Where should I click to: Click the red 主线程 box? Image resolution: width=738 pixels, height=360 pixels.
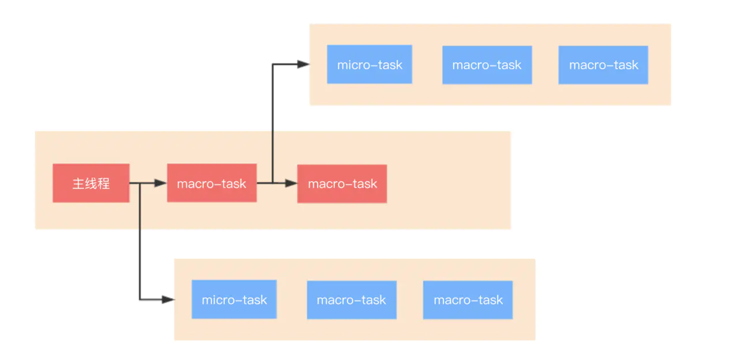91,183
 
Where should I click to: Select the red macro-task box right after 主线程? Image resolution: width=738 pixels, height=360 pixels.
212,183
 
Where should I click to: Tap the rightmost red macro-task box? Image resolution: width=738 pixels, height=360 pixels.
342,183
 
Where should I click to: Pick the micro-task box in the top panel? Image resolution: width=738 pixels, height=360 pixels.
370,65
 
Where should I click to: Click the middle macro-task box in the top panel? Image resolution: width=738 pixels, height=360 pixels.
487,65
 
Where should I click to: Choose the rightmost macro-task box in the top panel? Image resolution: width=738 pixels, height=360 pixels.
603,65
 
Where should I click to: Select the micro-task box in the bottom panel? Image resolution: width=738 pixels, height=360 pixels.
234,299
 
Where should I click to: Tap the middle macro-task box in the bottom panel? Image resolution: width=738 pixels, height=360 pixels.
352,299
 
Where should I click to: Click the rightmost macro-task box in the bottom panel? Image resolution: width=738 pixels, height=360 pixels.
468,299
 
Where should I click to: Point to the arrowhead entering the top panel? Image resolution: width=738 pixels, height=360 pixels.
303,65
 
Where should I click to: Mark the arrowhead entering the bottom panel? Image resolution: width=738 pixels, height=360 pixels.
168,299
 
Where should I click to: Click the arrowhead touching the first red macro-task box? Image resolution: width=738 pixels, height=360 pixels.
161,183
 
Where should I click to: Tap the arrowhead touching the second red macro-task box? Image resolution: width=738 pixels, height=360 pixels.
291,183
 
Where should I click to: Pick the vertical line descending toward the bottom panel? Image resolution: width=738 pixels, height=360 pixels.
140,242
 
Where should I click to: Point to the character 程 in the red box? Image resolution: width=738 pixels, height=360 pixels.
104,183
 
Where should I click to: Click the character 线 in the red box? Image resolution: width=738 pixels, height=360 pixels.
91,183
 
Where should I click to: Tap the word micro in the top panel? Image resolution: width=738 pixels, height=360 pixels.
353,65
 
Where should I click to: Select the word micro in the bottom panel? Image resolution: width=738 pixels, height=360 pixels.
217,299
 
